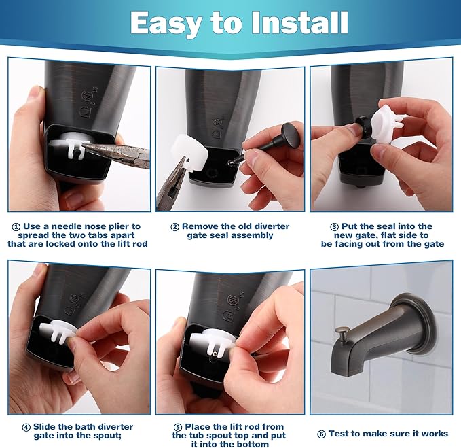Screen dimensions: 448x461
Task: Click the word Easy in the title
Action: [168, 23]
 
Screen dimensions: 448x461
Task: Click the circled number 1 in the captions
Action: [16, 226]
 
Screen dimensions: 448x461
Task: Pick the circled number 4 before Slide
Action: [26, 426]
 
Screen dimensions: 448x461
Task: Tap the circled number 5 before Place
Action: [178, 426]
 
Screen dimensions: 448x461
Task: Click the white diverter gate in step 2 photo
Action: [194, 153]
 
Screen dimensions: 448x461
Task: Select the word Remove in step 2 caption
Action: [205, 226]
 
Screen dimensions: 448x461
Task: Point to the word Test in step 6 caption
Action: [340, 433]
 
